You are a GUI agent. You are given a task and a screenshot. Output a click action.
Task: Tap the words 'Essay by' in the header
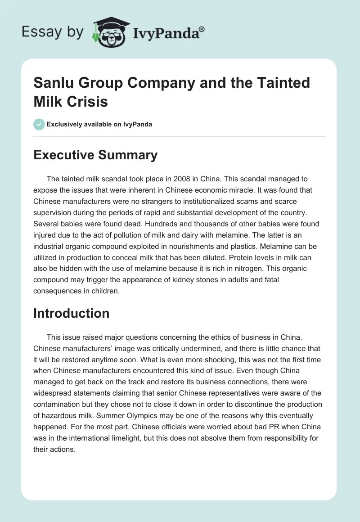pos(53,32)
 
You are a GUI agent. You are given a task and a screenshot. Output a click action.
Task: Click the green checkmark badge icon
pos(39,124)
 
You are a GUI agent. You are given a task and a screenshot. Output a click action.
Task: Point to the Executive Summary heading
pos(95,155)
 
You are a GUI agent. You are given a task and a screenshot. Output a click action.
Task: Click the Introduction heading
pos(71,313)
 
